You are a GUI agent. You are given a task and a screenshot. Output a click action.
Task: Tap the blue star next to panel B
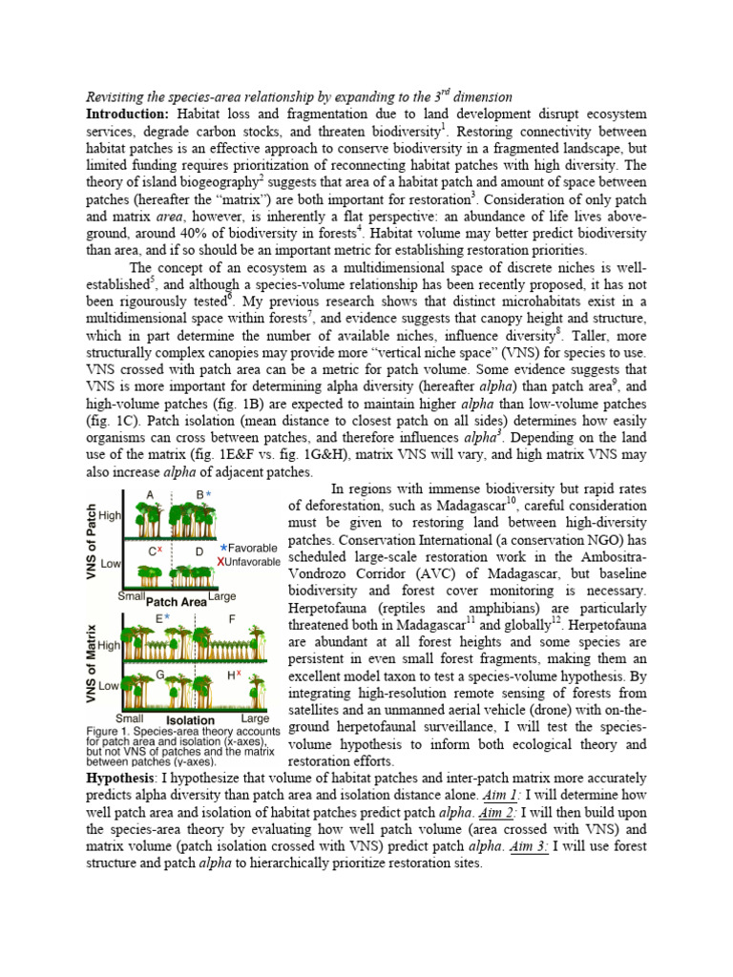[209, 494]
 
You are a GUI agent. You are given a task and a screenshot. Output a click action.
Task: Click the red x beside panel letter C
[159, 550]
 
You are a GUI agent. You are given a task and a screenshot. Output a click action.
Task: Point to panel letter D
[199, 551]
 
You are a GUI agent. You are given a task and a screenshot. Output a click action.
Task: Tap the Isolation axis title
[190, 719]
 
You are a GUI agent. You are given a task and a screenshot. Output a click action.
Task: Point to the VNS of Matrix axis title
[93, 659]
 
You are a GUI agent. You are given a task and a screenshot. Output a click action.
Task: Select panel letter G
[161, 674]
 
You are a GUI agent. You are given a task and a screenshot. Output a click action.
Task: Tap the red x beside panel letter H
[238, 675]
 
